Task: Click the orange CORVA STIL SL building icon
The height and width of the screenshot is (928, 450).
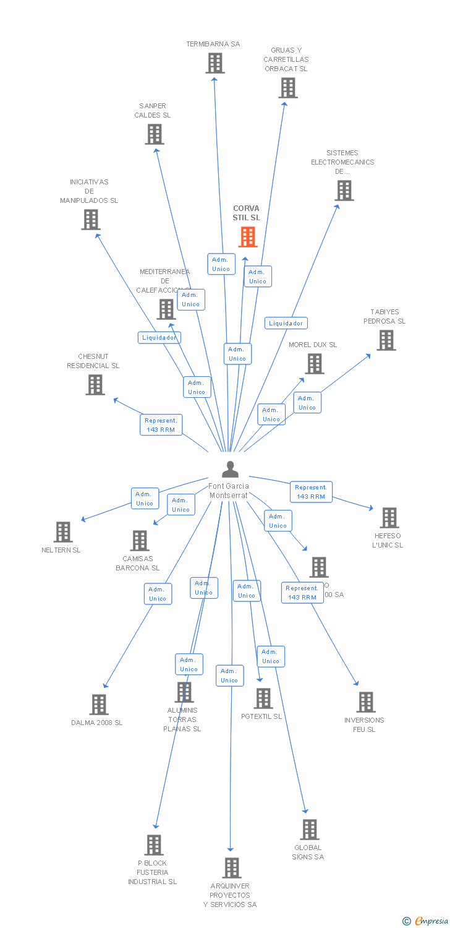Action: point(248,236)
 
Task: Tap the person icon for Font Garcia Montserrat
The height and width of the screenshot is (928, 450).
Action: point(230,470)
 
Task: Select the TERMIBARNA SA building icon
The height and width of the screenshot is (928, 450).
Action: point(215,63)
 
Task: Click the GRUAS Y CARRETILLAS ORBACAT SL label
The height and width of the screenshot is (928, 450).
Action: point(286,59)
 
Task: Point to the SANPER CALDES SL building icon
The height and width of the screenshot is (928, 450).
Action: point(155,134)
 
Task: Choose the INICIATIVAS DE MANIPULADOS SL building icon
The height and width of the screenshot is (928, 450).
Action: point(91,220)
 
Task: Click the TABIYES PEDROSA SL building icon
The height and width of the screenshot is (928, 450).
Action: point(386,340)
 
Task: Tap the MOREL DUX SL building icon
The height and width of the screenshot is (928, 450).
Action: point(315,364)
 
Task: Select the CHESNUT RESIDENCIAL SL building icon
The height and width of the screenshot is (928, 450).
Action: point(95,385)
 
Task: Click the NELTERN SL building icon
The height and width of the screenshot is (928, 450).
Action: point(63,532)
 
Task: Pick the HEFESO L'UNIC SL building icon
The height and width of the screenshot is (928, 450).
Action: point(389,518)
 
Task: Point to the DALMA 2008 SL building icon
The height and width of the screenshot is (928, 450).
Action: point(99,705)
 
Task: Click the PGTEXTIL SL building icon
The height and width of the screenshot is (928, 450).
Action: point(263,698)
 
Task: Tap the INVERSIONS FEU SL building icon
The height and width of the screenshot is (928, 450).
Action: point(366,702)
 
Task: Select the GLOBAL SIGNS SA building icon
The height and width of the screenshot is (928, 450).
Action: point(310,830)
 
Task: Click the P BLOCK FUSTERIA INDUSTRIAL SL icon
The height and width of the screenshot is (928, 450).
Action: point(154,845)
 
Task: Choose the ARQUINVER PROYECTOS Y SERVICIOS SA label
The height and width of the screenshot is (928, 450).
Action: point(230,895)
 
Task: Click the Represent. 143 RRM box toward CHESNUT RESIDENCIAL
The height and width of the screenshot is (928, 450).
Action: point(161,425)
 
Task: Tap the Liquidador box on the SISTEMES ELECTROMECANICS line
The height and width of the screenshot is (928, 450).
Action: point(286,323)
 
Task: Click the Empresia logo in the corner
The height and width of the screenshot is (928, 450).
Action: point(426,921)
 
